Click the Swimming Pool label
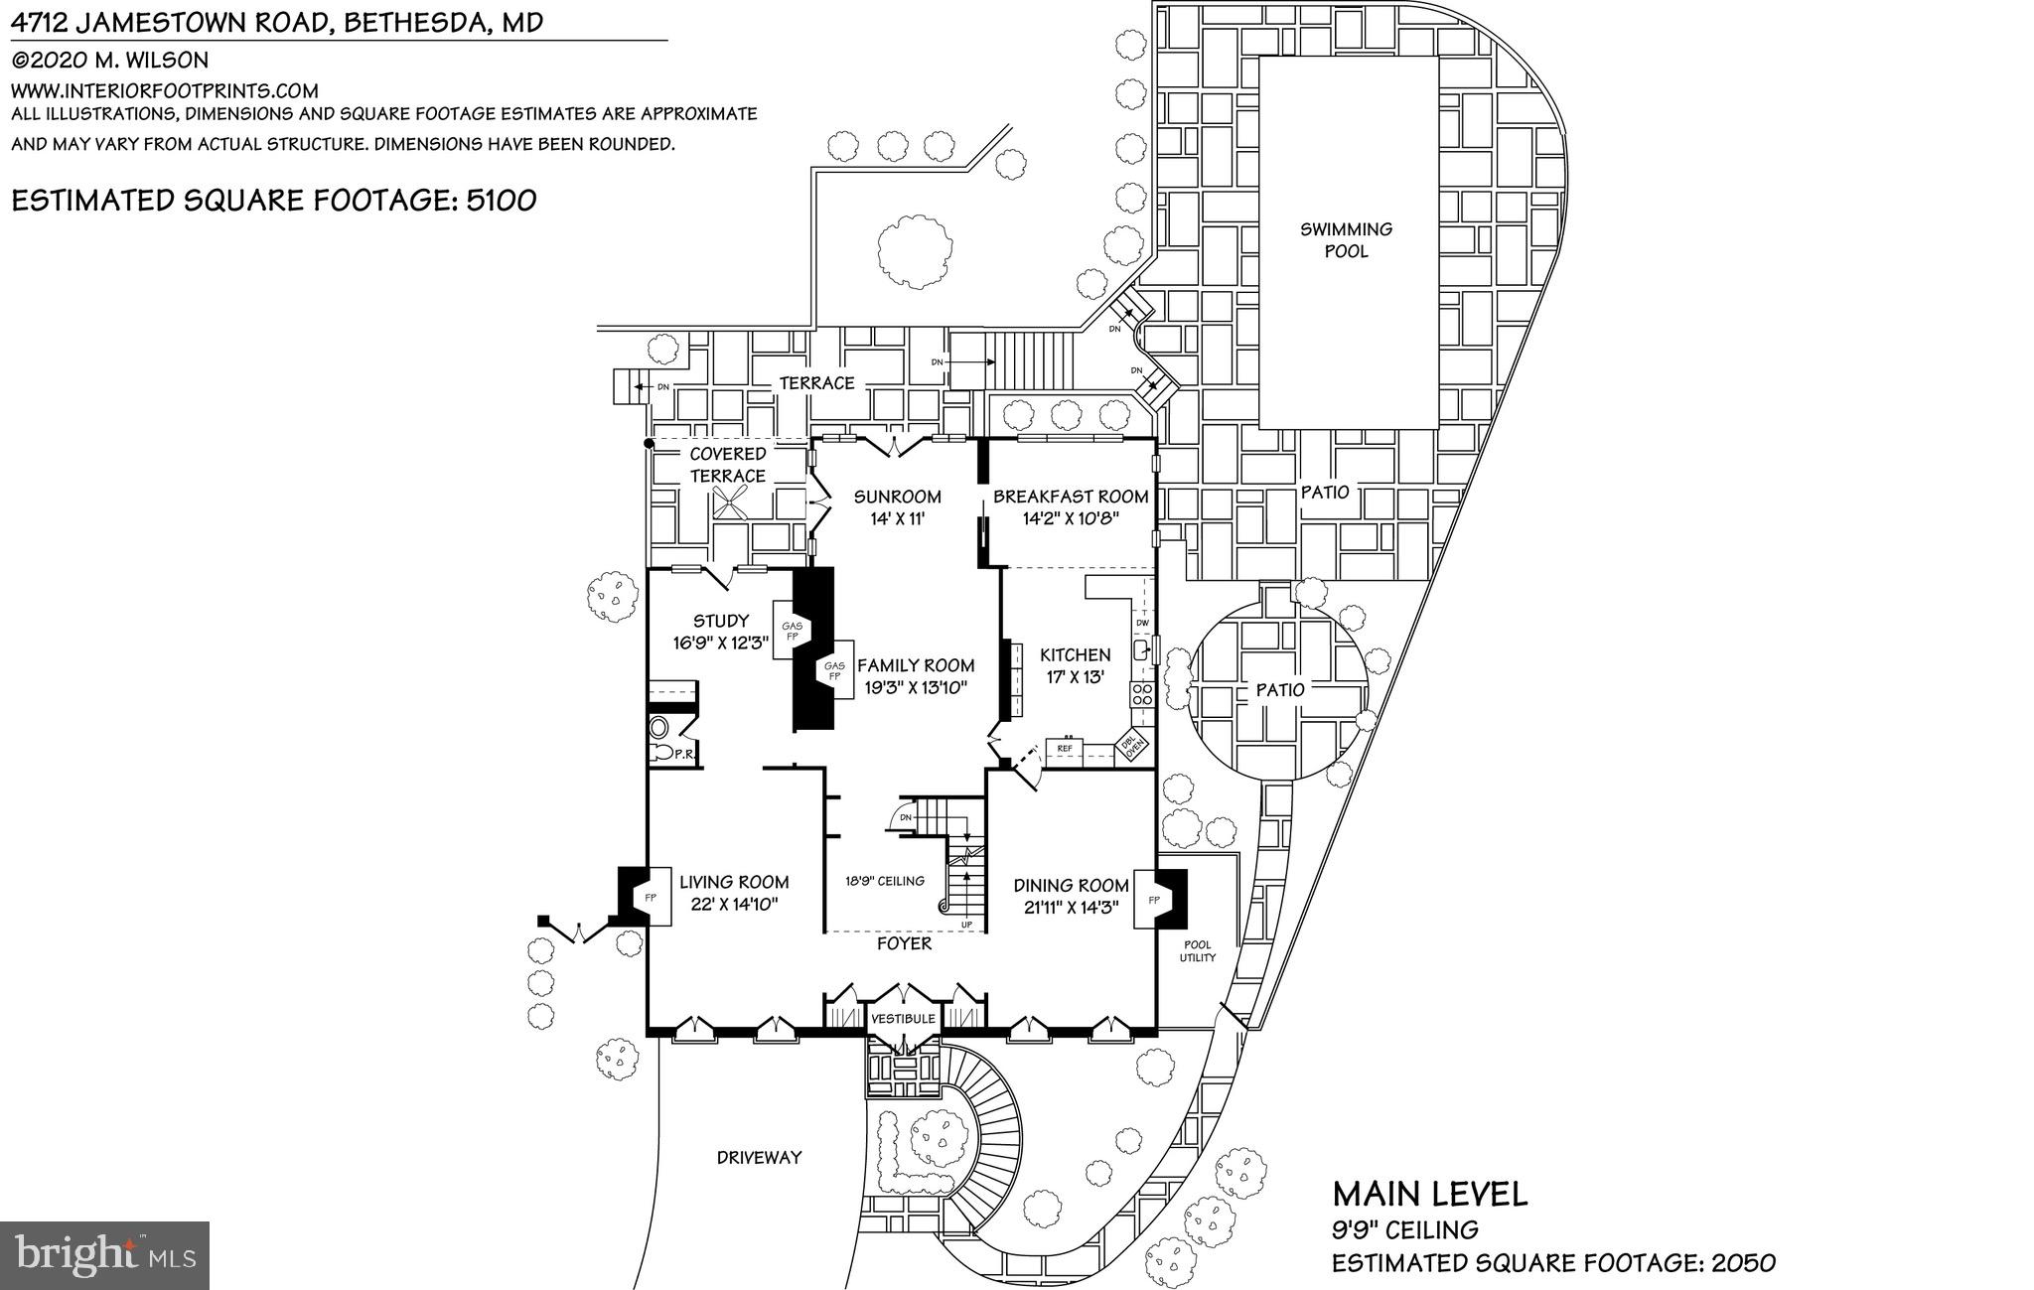1346,240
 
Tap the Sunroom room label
897,497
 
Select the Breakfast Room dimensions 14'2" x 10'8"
1070,518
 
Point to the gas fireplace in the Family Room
834,670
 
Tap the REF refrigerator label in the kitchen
1065,748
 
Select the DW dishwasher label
1142,623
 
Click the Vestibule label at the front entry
903,1019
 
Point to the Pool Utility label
1197,951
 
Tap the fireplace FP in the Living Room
652,898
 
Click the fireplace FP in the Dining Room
1154,900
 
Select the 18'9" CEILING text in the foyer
884,880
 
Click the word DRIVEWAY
759,1157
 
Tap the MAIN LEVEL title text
1428,1193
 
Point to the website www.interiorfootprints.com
165,89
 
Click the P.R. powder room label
683,755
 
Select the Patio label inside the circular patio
1279,689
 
